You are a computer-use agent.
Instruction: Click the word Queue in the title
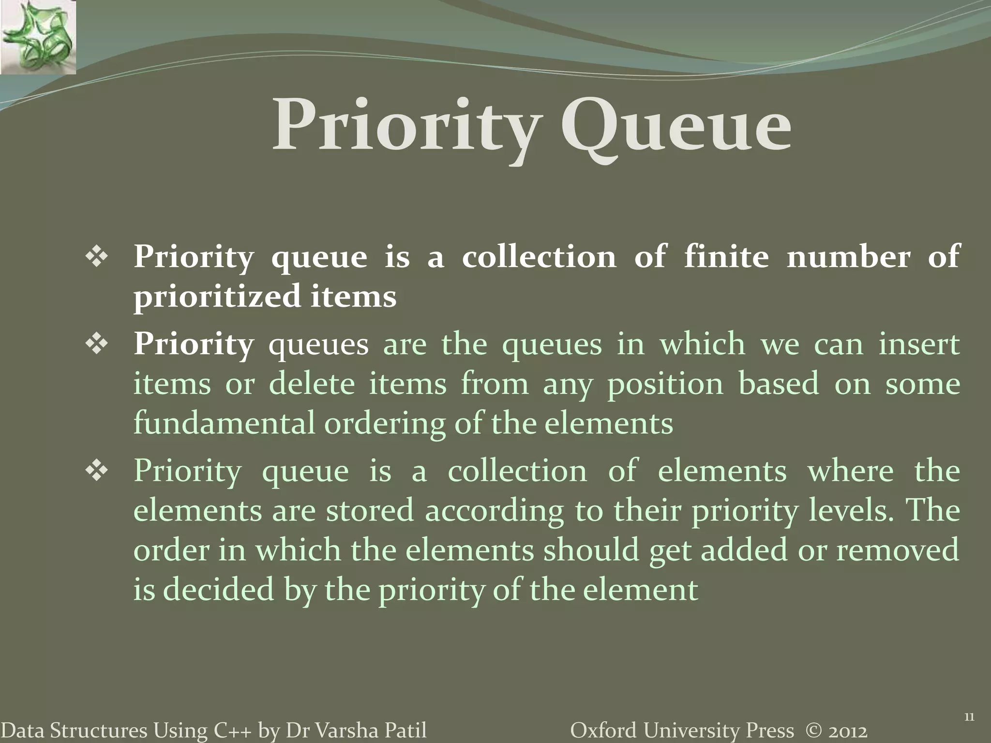tap(676, 127)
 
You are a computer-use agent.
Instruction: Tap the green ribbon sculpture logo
tap(38, 37)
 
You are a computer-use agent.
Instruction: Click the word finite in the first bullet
tap(726, 256)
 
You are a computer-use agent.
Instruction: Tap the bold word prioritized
tap(217, 297)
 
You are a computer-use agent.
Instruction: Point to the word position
tap(665, 384)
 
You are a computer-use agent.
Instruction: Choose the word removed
tap(897, 550)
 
